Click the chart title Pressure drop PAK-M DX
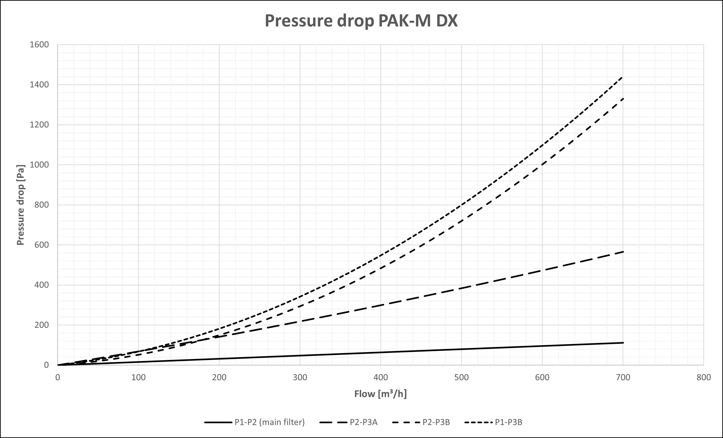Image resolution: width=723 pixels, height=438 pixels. point(361,21)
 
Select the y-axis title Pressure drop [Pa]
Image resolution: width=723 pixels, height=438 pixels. point(21,205)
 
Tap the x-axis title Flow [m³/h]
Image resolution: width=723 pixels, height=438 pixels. point(380,394)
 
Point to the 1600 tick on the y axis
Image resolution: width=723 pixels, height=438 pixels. point(39,45)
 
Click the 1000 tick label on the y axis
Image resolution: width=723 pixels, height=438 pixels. point(39,165)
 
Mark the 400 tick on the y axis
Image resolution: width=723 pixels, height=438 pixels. point(42,285)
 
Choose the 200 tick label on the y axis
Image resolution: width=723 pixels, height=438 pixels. point(42,325)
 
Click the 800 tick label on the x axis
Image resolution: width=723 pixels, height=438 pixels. point(704,377)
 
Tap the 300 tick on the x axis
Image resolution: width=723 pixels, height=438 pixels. point(300,377)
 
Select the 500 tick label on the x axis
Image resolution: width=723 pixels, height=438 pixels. point(461,377)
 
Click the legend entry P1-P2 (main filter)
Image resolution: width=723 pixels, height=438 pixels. point(269,422)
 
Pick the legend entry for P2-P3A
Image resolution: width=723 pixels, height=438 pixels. point(363,422)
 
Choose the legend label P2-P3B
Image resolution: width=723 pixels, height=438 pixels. point(436,422)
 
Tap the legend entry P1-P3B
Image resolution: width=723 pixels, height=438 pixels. point(508,422)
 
